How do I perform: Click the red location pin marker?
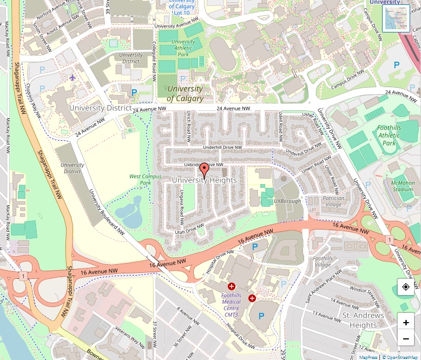pyautogui.click(x=204, y=169)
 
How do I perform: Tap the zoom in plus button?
pyautogui.click(x=406, y=323)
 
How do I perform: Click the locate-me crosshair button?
pyautogui.click(x=406, y=287)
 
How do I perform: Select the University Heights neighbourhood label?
pyautogui.click(x=204, y=180)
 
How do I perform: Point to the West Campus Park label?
pyautogui.click(x=140, y=180)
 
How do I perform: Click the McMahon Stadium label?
pyautogui.click(x=402, y=186)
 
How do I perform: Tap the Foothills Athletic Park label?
pyautogui.click(x=389, y=135)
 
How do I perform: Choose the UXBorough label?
pyautogui.click(x=287, y=201)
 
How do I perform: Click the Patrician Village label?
pyautogui.click(x=333, y=201)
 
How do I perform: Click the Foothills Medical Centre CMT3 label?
pyautogui.click(x=231, y=302)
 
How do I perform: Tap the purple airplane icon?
pyautogui.click(x=73, y=77)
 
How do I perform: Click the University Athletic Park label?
pyautogui.click(x=183, y=48)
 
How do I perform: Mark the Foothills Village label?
pyautogui.click(x=323, y=262)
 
